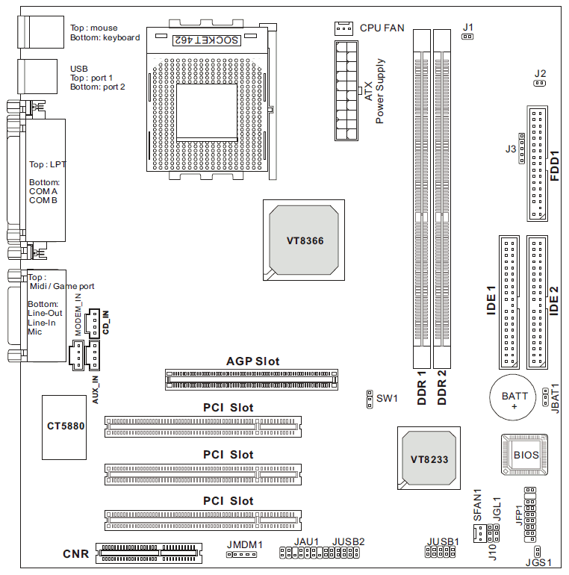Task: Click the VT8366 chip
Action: point(304,240)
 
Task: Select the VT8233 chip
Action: point(429,458)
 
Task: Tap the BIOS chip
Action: point(525,455)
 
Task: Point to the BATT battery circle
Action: point(513,397)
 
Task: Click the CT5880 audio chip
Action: point(64,427)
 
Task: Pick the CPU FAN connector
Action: point(343,28)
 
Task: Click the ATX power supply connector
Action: point(346,90)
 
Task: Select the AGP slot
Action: point(252,379)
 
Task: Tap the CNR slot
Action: point(149,553)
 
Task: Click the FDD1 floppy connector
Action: point(538,164)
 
